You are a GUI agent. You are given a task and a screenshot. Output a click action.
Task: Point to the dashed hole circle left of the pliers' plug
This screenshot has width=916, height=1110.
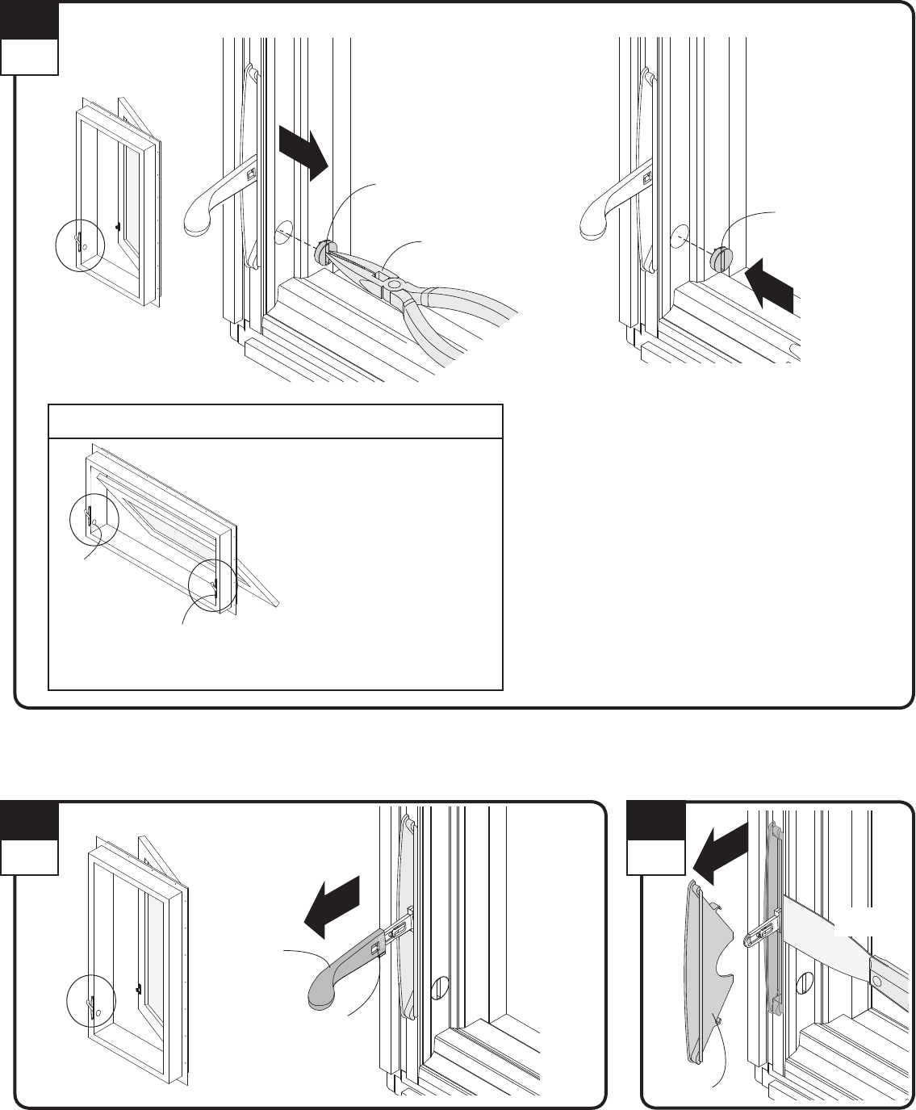coord(282,234)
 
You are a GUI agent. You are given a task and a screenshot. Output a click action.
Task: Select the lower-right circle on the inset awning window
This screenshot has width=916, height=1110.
coord(212,585)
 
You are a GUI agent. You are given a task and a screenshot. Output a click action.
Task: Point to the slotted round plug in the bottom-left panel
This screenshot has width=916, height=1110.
coord(441,986)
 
